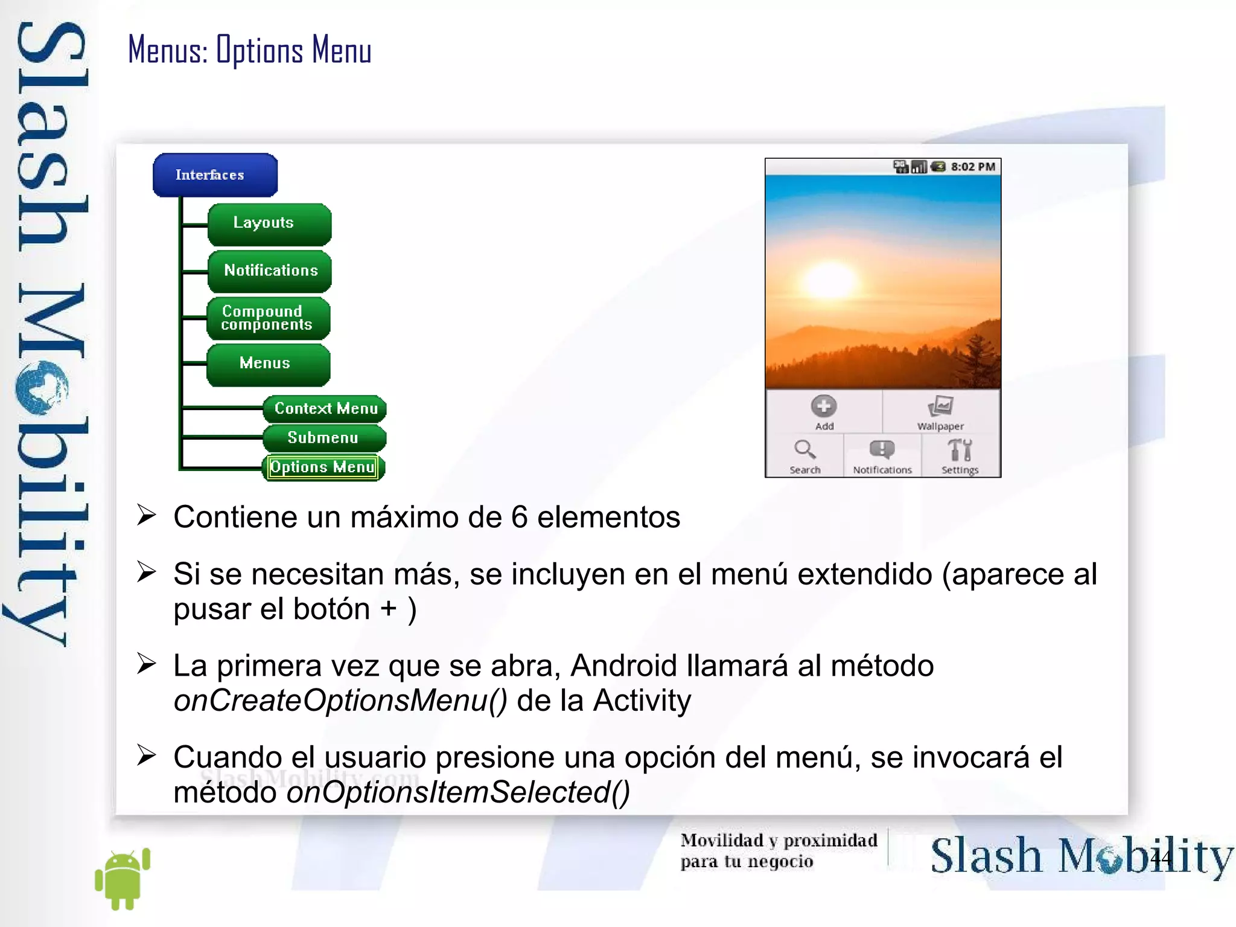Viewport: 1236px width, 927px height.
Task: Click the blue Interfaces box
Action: pos(215,175)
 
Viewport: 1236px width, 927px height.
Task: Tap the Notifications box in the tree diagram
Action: pos(270,271)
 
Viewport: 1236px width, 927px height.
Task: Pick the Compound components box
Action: pos(268,318)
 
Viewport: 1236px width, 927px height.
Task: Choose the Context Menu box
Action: pos(325,409)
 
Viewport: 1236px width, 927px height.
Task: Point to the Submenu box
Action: pos(324,438)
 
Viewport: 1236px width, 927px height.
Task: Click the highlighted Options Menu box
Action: pos(323,467)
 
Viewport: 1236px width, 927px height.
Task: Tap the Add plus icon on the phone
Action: pos(823,406)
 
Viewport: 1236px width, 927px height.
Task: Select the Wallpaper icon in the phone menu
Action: pos(940,406)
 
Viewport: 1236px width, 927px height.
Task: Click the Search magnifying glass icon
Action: pos(804,450)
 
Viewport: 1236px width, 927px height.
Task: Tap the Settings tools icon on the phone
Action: pos(960,451)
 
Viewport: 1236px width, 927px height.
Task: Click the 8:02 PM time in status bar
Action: pos(973,167)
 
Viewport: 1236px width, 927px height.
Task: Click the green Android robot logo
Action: pos(123,879)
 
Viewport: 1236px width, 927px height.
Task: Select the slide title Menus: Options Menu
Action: pos(249,50)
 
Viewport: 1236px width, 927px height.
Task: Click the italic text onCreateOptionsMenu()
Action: pos(340,701)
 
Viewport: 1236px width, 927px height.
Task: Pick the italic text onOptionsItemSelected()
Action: pos(458,792)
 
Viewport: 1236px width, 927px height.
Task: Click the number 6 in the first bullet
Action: pos(519,518)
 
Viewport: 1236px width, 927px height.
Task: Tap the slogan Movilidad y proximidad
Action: pos(779,841)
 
